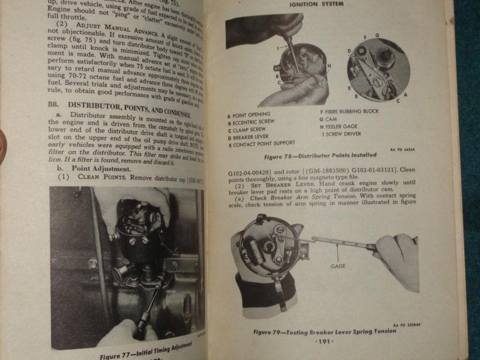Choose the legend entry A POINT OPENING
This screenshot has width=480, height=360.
(x=250, y=114)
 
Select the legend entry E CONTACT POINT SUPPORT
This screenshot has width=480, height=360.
(x=262, y=143)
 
